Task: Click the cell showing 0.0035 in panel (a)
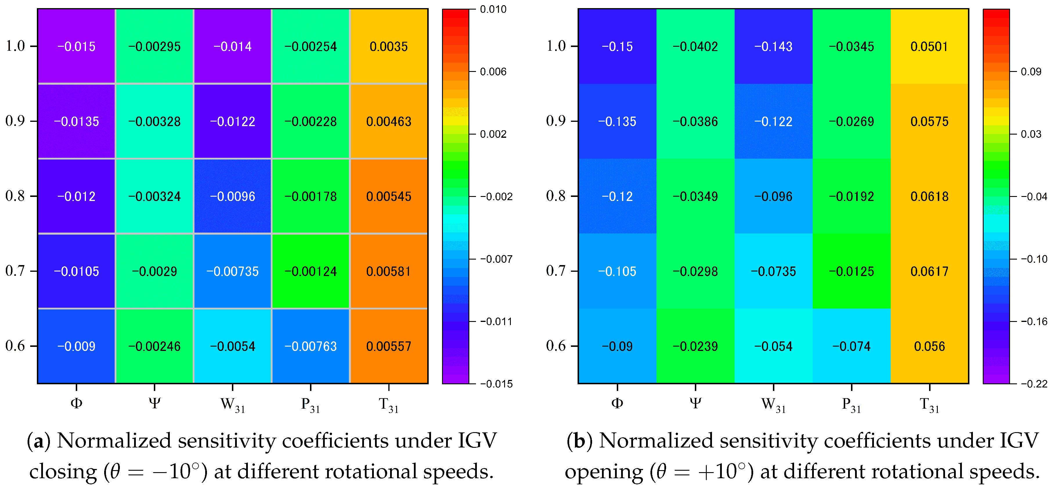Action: click(x=389, y=46)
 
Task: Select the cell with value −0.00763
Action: click(x=311, y=346)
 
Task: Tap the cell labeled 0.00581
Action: click(x=389, y=271)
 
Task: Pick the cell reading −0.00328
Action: click(x=154, y=121)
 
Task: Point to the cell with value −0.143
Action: click(x=773, y=46)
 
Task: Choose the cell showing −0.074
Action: click(x=852, y=346)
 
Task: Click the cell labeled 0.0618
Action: click(x=930, y=196)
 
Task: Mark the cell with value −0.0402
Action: click(x=695, y=46)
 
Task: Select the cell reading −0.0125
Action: click(x=852, y=271)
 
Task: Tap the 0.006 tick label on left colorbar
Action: click(x=493, y=72)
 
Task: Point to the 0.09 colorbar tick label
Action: click(x=1031, y=72)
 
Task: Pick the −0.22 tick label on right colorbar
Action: click(x=1034, y=384)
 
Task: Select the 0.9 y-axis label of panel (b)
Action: click(x=556, y=121)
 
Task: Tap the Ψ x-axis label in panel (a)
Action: click(x=154, y=404)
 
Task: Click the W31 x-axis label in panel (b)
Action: click(x=773, y=405)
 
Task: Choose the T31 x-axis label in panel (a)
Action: click(x=389, y=405)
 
